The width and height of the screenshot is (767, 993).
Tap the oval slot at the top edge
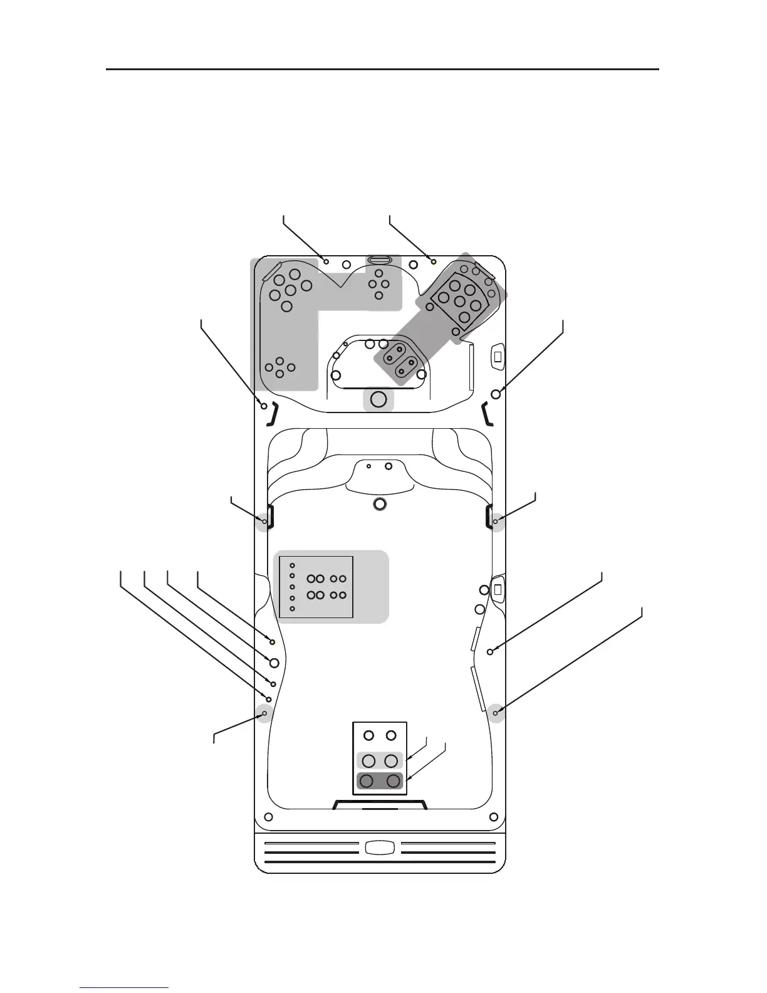click(380, 260)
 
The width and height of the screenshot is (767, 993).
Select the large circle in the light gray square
click(378, 399)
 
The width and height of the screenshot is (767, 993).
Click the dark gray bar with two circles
click(380, 781)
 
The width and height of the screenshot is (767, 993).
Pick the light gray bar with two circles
click(380, 760)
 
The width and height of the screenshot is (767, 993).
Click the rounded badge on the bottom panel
click(380, 848)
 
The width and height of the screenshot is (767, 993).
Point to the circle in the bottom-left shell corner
click(268, 817)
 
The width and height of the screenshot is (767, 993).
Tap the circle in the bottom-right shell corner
click(494, 817)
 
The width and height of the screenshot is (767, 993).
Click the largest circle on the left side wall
click(273, 662)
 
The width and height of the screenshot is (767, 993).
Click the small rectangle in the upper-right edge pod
click(498, 357)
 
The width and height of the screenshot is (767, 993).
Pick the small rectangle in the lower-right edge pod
click(498, 589)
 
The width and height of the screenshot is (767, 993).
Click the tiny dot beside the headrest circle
click(369, 466)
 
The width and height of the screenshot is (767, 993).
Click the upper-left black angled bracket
click(274, 414)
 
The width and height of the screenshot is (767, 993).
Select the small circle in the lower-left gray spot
click(264, 713)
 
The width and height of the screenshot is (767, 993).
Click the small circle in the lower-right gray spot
click(496, 713)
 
